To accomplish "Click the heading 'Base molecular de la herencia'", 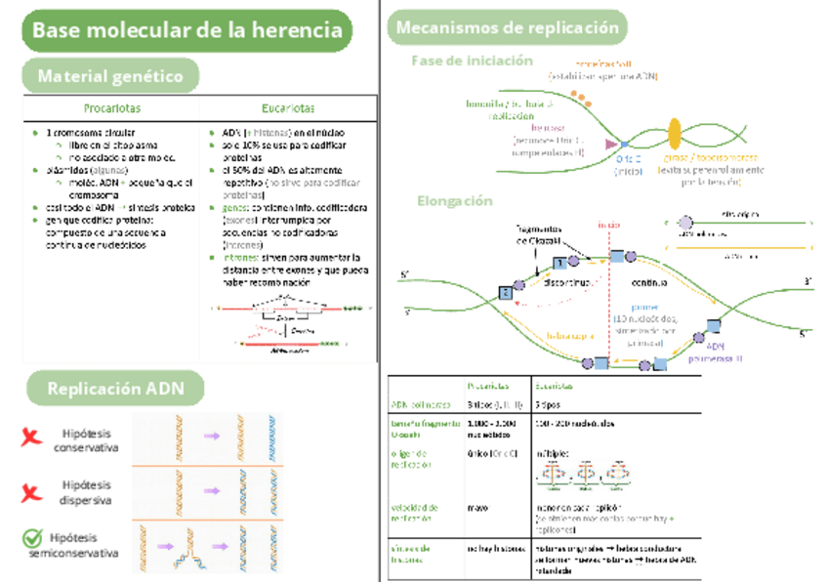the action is [186, 30].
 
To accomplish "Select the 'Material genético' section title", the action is [109, 75].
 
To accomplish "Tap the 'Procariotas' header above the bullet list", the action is [111, 107].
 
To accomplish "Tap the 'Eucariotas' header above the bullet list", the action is [288, 107].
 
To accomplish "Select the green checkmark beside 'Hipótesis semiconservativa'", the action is [32, 539].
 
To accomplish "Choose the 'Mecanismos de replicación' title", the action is [508, 27].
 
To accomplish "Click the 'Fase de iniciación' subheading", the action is [473, 61].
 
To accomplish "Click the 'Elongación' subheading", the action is [455, 200].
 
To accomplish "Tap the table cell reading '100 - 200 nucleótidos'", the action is [575, 423].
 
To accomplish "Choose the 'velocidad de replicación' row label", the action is [415, 513].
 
